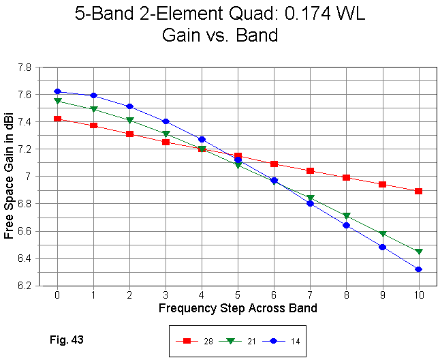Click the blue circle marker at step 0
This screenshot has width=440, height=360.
pyautogui.click(x=57, y=91)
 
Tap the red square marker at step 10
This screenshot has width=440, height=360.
pyautogui.click(x=418, y=191)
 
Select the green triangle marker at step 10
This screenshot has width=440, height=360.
pyautogui.click(x=418, y=252)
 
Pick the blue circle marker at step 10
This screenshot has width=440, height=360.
pyautogui.click(x=418, y=269)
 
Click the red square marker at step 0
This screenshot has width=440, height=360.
pyautogui.click(x=57, y=119)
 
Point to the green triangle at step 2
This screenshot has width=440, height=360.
pyautogui.click(x=129, y=120)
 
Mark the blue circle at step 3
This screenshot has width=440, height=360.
pyautogui.click(x=166, y=121)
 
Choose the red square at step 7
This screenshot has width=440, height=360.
pyautogui.click(x=310, y=170)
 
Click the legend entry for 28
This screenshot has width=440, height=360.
pyautogui.click(x=198, y=340)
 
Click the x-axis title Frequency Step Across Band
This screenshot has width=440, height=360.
pyautogui.click(x=238, y=308)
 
